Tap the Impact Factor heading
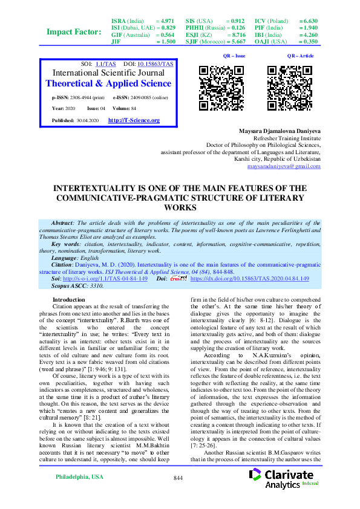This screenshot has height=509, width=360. [x=74, y=31]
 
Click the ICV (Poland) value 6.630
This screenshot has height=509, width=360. [x=308, y=21]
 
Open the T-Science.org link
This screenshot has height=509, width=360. [x=134, y=121]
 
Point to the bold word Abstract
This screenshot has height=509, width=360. [x=62, y=223]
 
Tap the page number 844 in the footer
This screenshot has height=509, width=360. [x=178, y=495]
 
